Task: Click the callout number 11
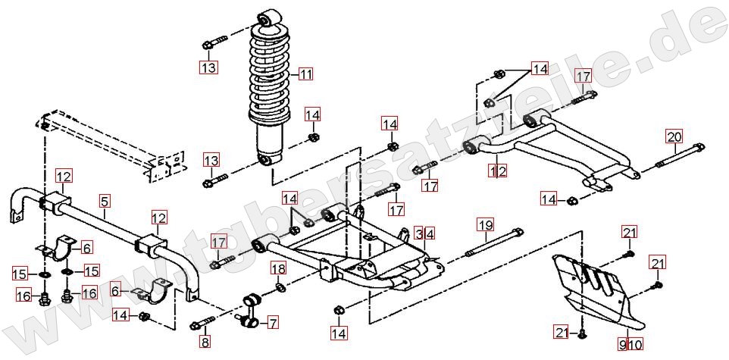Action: [x=305, y=74]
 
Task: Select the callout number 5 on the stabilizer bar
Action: [x=105, y=201]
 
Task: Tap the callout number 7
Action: [x=272, y=323]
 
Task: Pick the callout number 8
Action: [x=205, y=343]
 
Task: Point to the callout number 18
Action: [x=279, y=269]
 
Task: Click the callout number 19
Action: [x=485, y=224]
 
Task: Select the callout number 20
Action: [x=674, y=137]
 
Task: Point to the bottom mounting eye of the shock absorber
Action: [x=264, y=159]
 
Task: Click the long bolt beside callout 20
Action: [x=678, y=160]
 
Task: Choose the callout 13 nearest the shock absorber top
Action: [x=208, y=67]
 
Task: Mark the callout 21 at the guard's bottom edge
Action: [x=561, y=333]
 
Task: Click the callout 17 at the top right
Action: [x=582, y=77]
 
